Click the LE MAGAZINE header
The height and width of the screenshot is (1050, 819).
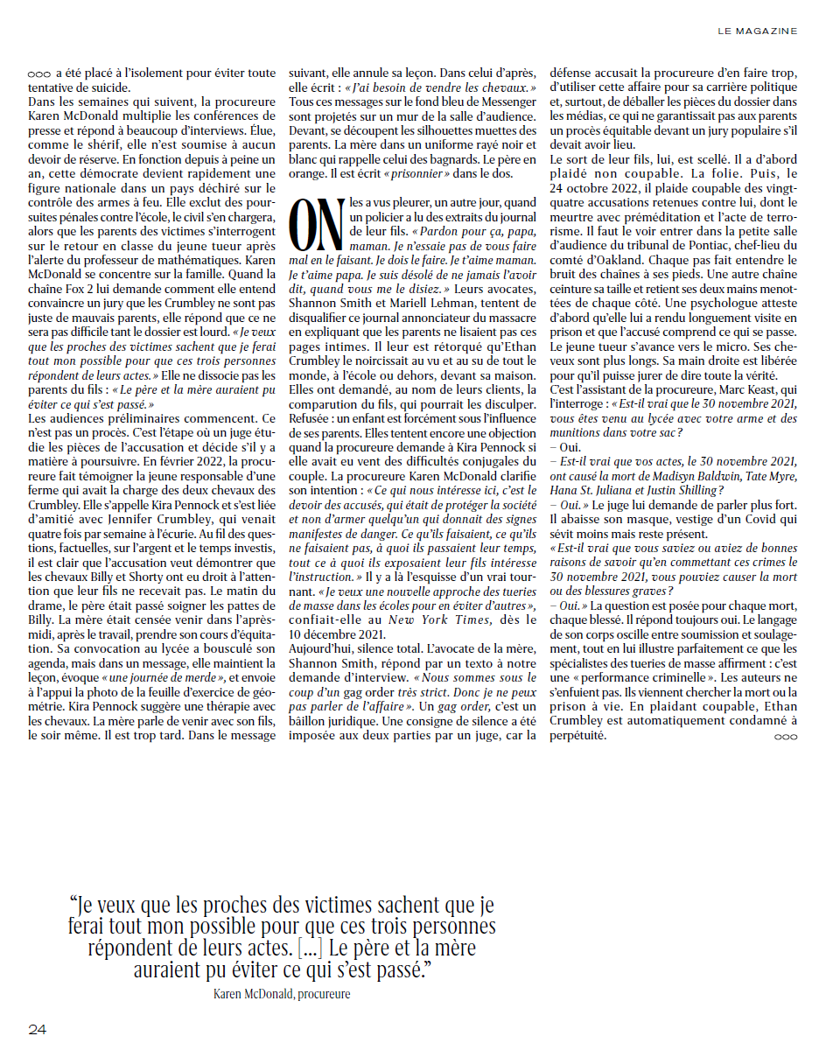pos(757,31)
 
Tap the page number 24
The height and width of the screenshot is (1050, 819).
pos(37,1029)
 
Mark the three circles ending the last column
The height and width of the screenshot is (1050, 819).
pos(785,738)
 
